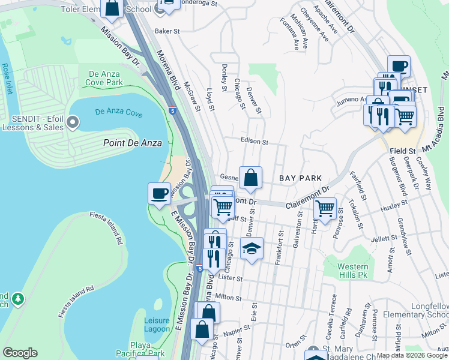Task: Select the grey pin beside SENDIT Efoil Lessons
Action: [73, 124]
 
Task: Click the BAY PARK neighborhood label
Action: [301, 178]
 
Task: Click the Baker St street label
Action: [167, 31]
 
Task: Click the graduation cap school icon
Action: [252, 248]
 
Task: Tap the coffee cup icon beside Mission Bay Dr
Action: [159, 193]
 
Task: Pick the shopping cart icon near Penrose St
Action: [325, 208]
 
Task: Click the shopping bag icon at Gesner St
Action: [250, 178]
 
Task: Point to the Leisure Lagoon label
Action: [157, 325]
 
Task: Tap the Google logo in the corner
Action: [20, 353]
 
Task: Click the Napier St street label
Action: [237, 329]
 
